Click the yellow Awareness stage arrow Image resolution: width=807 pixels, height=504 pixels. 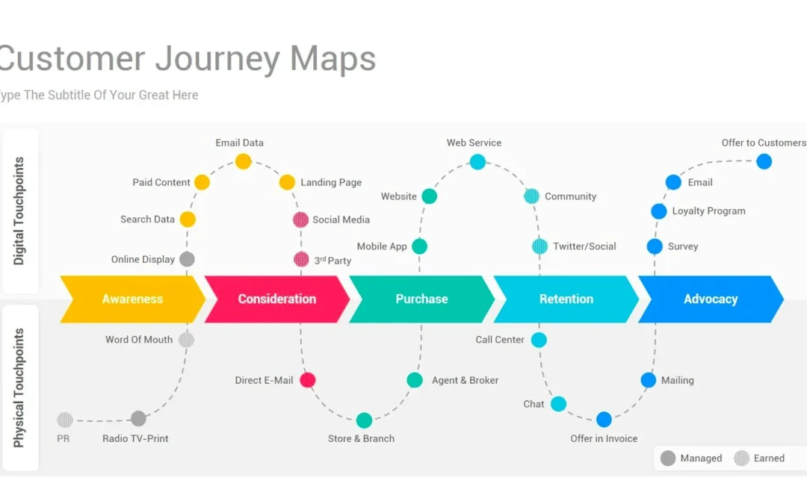[132, 299]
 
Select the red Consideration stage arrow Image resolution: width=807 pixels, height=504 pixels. [276, 299]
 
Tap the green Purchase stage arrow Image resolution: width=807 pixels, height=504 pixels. [421, 299]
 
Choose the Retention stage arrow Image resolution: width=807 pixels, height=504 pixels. [566, 299]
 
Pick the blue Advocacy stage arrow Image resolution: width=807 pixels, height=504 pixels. [711, 299]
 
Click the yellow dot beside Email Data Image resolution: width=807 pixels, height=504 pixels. [244, 161]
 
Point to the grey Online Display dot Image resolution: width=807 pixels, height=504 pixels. [187, 259]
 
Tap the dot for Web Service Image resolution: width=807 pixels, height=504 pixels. [477, 161]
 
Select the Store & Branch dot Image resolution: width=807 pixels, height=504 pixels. [364, 420]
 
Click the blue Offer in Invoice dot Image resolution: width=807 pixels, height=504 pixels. [604, 420]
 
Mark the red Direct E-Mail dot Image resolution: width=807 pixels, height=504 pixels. [307, 380]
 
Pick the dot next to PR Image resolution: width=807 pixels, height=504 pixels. [65, 420]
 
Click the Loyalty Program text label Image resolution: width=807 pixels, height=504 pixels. [708, 211]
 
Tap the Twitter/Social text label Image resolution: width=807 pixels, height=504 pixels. [584, 246]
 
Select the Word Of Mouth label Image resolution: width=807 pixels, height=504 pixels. [139, 340]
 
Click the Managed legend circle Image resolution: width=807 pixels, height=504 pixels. [668, 458]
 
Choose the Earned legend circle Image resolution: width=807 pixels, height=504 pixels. [741, 458]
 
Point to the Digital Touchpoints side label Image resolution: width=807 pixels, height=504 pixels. [19, 211]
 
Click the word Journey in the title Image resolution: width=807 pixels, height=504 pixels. [217, 58]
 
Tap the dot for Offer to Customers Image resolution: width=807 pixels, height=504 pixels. [764, 161]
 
